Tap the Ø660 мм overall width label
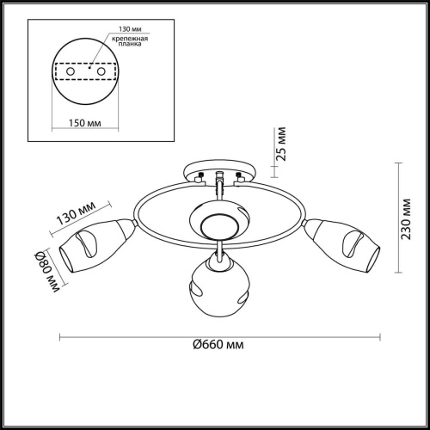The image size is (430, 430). click(215, 344)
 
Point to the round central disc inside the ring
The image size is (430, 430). click(219, 225)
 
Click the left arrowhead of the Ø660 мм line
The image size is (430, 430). click(61, 335)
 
